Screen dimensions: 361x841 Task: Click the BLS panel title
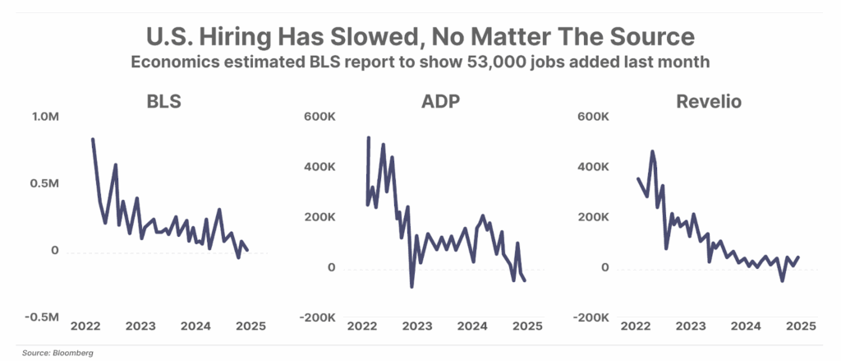[164, 102]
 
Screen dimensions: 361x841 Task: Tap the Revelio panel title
[709, 102]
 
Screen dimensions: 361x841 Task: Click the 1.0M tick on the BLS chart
[44, 118]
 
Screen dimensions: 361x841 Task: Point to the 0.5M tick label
[44, 183]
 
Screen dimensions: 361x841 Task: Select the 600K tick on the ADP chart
[320, 117]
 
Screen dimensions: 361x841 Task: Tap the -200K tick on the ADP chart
[317, 317]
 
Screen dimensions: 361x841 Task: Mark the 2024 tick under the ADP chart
[471, 326]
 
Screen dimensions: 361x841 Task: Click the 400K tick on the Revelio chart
[592, 168]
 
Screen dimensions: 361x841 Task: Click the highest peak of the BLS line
[93, 139]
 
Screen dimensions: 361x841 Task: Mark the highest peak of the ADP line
[368, 137]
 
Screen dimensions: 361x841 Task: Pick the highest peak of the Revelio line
[652, 151]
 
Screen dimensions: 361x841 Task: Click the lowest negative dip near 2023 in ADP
[411, 286]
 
